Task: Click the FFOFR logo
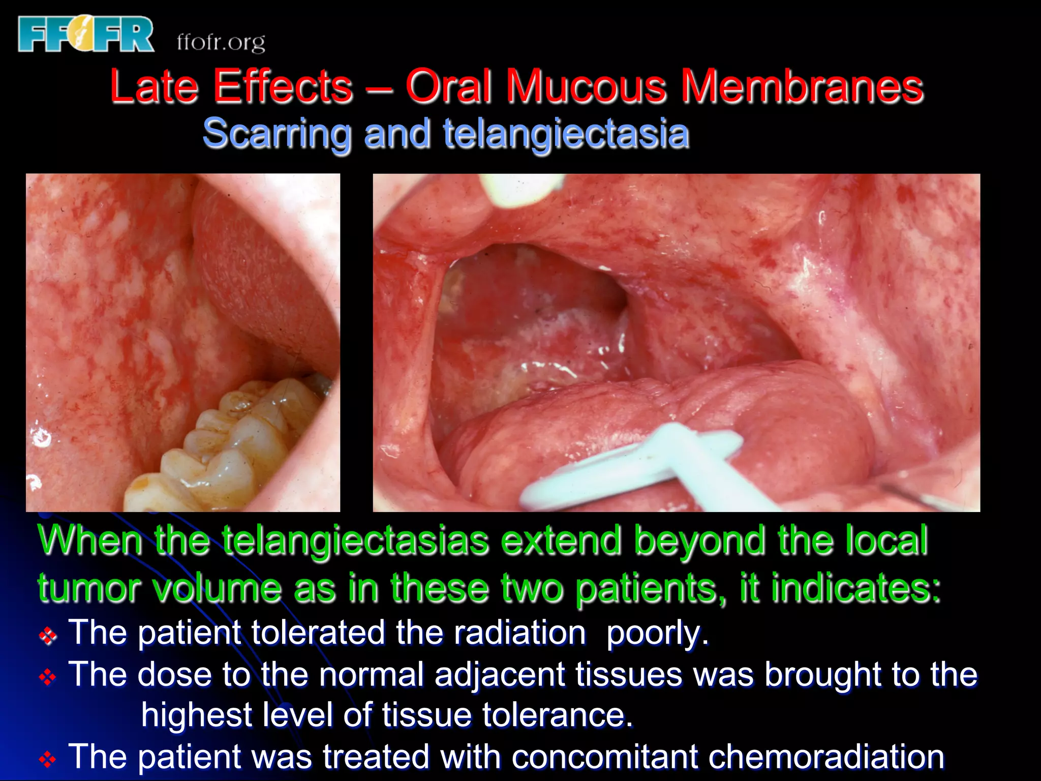85,34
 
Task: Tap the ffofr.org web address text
221,42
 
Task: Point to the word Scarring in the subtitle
277,133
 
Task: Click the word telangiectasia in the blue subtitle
566,133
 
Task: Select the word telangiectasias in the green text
356,540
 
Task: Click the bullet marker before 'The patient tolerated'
48,636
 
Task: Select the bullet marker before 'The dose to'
48,677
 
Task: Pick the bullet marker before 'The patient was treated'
48,760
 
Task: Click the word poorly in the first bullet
657,634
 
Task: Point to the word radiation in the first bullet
519,634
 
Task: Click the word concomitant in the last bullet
604,757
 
